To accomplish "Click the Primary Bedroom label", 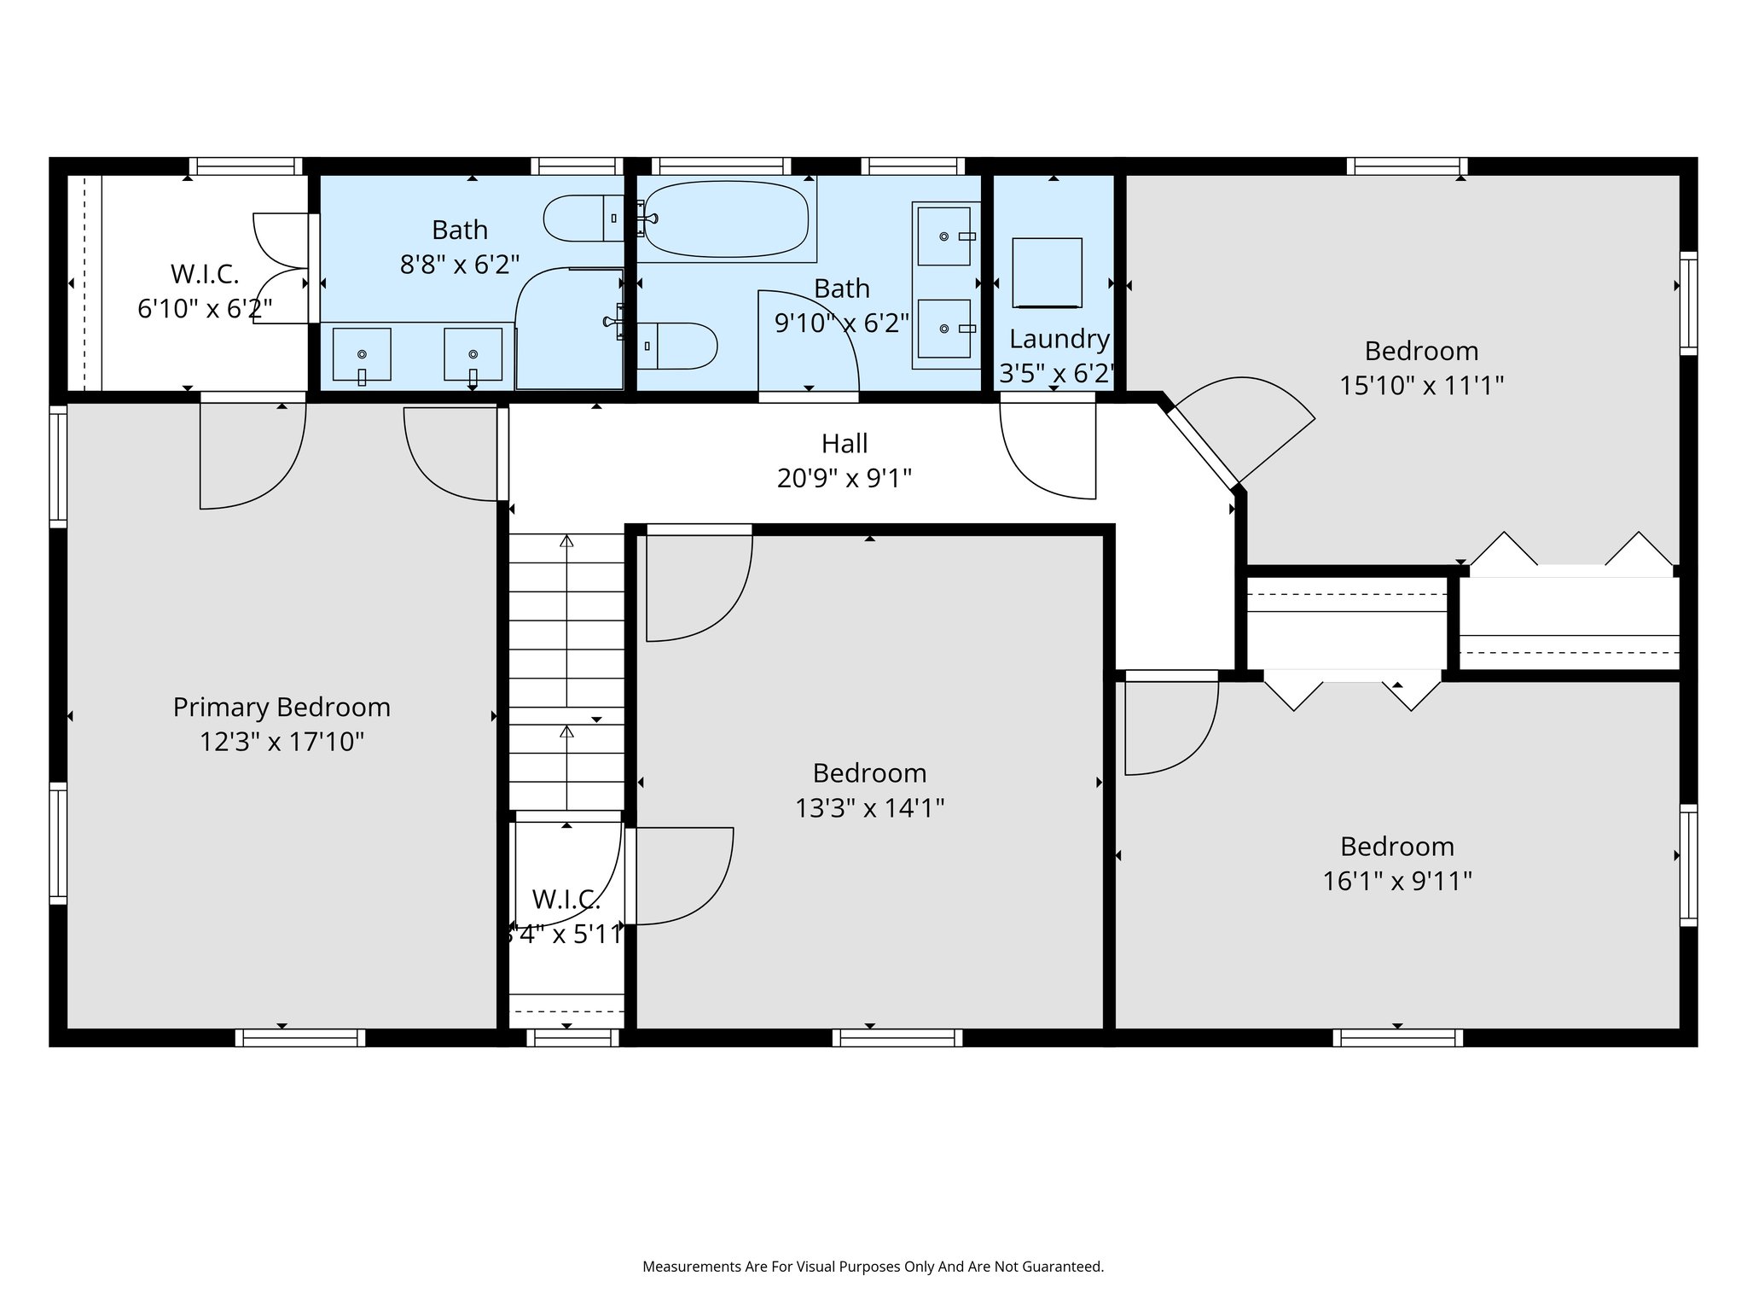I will click(x=281, y=707).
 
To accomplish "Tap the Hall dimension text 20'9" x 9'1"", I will click(x=844, y=479).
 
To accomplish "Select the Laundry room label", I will click(x=1059, y=339).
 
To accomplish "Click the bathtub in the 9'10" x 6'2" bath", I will click(x=725, y=218).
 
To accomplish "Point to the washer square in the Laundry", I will click(x=1047, y=272).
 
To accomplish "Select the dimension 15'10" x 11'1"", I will click(x=1420, y=386).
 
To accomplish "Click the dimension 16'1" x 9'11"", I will click(x=1396, y=881).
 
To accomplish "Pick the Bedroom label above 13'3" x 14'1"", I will click(x=868, y=772).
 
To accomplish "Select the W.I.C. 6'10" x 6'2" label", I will click(x=205, y=291).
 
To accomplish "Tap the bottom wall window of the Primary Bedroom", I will click(x=300, y=1038).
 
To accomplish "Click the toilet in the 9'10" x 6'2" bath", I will click(x=678, y=346).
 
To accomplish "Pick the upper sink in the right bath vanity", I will click(x=944, y=236).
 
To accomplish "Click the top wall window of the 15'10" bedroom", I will click(x=1407, y=166).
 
